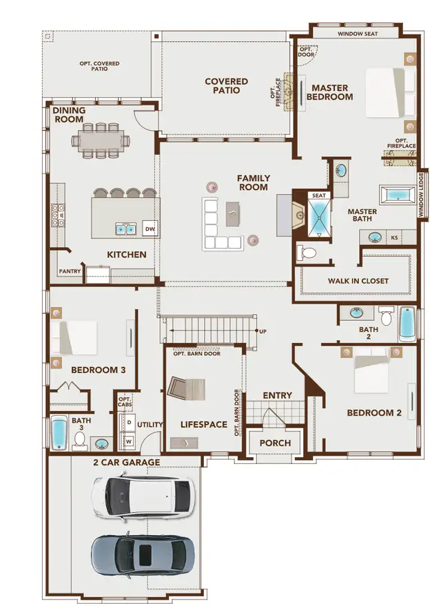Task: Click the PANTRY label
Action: tap(70, 271)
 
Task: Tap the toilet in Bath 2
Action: tap(387, 317)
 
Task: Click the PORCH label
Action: tap(274, 443)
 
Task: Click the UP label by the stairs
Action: tap(263, 331)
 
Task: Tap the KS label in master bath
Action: tap(395, 238)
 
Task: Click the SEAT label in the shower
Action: tap(318, 196)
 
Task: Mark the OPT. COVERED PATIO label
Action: tap(99, 67)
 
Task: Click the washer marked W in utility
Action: tap(128, 439)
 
